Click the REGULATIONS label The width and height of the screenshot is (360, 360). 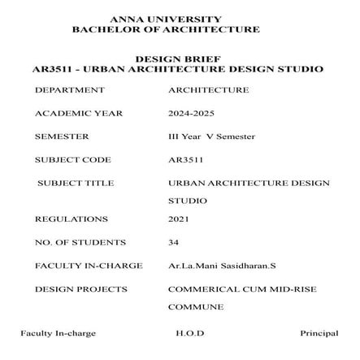point(71,219)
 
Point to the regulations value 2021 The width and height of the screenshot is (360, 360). point(177,219)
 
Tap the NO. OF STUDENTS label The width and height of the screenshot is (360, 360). point(80,242)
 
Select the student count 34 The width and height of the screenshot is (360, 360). point(173,242)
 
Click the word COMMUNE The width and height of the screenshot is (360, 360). point(195,308)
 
